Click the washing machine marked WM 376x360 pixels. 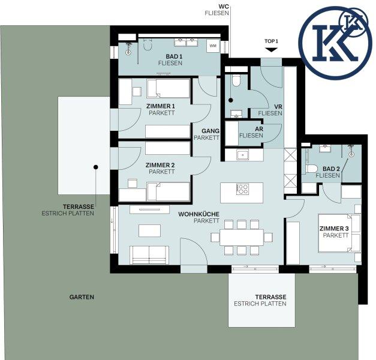pos(213,46)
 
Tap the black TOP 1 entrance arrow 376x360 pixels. pos(272,50)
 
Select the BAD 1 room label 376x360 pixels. pos(174,56)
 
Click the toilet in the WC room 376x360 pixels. pos(236,80)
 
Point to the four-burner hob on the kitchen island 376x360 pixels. pos(243,189)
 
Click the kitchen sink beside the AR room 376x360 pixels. pos(243,155)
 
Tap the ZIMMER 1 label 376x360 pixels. pos(161,106)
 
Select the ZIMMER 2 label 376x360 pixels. pos(160,165)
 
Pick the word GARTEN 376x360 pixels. pos(82,297)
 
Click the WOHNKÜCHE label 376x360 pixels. pos(198,214)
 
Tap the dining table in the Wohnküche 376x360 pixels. pos(242,238)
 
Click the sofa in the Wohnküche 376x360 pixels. pos(149,255)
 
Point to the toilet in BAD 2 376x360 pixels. pos(311,169)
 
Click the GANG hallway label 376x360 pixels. pos(210,131)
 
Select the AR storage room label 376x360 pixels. pos(259,129)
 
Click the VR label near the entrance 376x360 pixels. pos(278,107)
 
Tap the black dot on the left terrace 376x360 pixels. pos(96,167)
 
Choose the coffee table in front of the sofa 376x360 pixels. pos(150,230)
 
